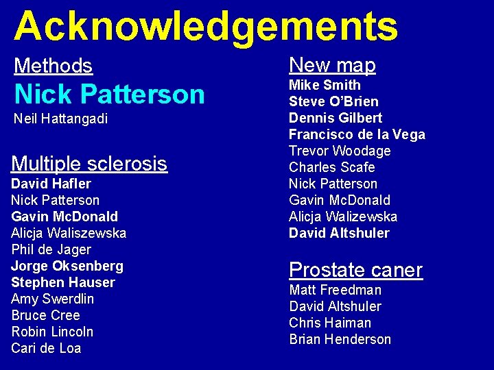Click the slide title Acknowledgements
pyautogui.click(x=206, y=26)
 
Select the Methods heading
pyautogui.click(x=53, y=66)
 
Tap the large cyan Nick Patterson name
pyautogui.click(x=109, y=93)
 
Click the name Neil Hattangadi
pyautogui.click(x=60, y=119)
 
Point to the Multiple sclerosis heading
pyautogui.click(x=89, y=164)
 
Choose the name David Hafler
pyautogui.click(x=51, y=184)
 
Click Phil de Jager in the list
pyautogui.click(x=51, y=249)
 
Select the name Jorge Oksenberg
pyautogui.click(x=67, y=266)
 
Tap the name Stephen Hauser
pyautogui.click(x=63, y=282)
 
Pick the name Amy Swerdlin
pyautogui.click(x=53, y=299)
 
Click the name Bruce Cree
pyautogui.click(x=45, y=315)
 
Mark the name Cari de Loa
pyautogui.click(x=46, y=348)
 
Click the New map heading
pyautogui.click(x=332, y=65)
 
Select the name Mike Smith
pyautogui.click(x=325, y=85)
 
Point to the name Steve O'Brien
pyautogui.click(x=333, y=101)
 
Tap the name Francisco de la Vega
pyautogui.click(x=357, y=134)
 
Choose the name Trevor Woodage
pyautogui.click(x=340, y=151)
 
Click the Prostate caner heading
pyautogui.click(x=355, y=270)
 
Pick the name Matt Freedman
pyautogui.click(x=335, y=290)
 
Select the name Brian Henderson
pyautogui.click(x=340, y=339)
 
